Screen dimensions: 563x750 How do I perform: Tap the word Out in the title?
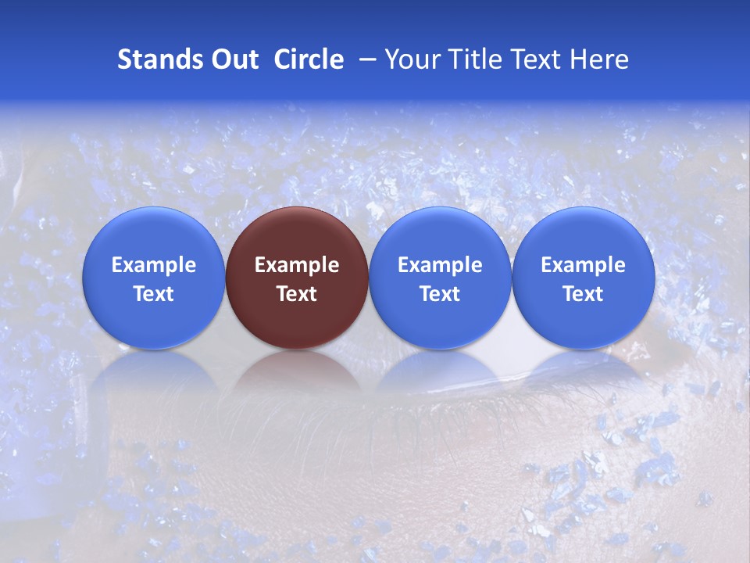(232, 59)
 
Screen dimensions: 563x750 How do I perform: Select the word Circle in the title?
(309, 59)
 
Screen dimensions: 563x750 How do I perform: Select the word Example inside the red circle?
(297, 265)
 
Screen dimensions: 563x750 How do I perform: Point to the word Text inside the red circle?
(297, 294)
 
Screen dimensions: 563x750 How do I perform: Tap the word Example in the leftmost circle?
(153, 265)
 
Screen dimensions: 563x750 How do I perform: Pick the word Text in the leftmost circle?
(153, 294)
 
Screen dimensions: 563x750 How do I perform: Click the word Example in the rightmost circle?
(583, 265)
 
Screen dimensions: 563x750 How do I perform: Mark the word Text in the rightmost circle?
(583, 294)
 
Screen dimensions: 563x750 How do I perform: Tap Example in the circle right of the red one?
(440, 265)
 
